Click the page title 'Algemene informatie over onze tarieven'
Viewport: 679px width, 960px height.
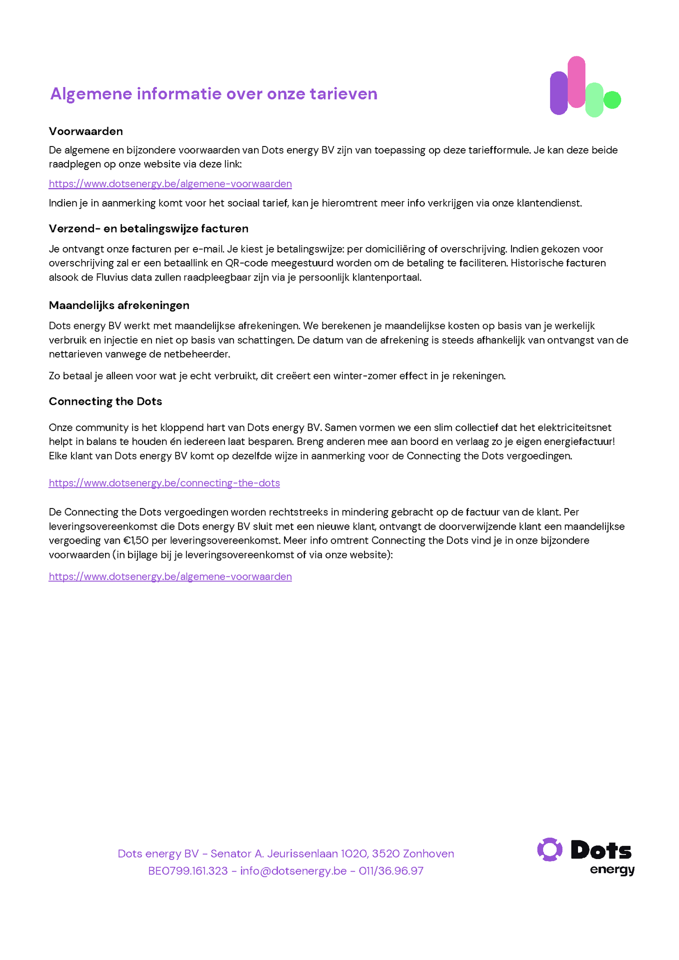tap(213, 93)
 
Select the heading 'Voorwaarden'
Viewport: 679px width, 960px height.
tap(85, 131)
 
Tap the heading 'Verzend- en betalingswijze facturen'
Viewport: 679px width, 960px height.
tap(148, 228)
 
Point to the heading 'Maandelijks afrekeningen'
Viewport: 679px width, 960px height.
tap(119, 305)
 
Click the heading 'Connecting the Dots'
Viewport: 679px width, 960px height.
tap(105, 401)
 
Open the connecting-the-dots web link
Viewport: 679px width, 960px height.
tap(164, 483)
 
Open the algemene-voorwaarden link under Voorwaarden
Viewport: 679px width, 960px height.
tap(170, 183)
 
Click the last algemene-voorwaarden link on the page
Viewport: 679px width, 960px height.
tap(170, 576)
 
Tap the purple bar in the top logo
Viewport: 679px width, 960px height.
tap(558, 93)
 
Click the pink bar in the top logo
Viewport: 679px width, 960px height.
tap(576, 81)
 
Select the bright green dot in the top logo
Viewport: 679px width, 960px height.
tap(612, 100)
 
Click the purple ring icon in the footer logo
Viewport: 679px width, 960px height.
tap(549, 849)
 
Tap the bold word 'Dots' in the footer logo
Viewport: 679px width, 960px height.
tap(601, 850)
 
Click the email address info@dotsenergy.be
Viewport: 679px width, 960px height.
tap(293, 870)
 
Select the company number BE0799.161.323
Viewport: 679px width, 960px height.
tap(188, 870)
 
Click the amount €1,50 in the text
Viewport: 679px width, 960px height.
tap(136, 540)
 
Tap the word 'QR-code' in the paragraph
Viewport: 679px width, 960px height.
tap(246, 263)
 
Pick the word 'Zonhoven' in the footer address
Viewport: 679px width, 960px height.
tap(428, 853)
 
